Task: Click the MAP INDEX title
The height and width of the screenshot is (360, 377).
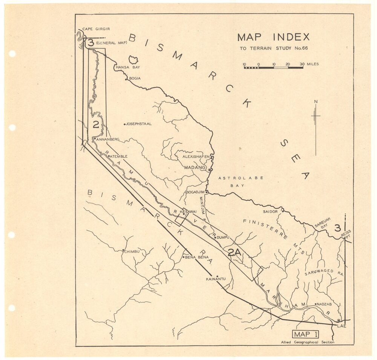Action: (x=273, y=37)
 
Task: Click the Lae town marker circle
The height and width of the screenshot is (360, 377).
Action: (x=339, y=320)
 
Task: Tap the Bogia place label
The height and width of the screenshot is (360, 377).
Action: (x=135, y=78)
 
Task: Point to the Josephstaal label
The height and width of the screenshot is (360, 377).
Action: (x=139, y=124)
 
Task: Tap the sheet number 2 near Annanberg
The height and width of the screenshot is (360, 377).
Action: (x=96, y=125)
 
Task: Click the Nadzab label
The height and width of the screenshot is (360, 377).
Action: (x=324, y=304)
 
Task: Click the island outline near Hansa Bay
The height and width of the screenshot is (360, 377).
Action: (x=133, y=59)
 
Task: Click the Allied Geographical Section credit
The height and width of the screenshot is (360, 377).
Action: (x=307, y=342)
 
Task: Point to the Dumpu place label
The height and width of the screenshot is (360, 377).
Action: (x=223, y=237)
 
